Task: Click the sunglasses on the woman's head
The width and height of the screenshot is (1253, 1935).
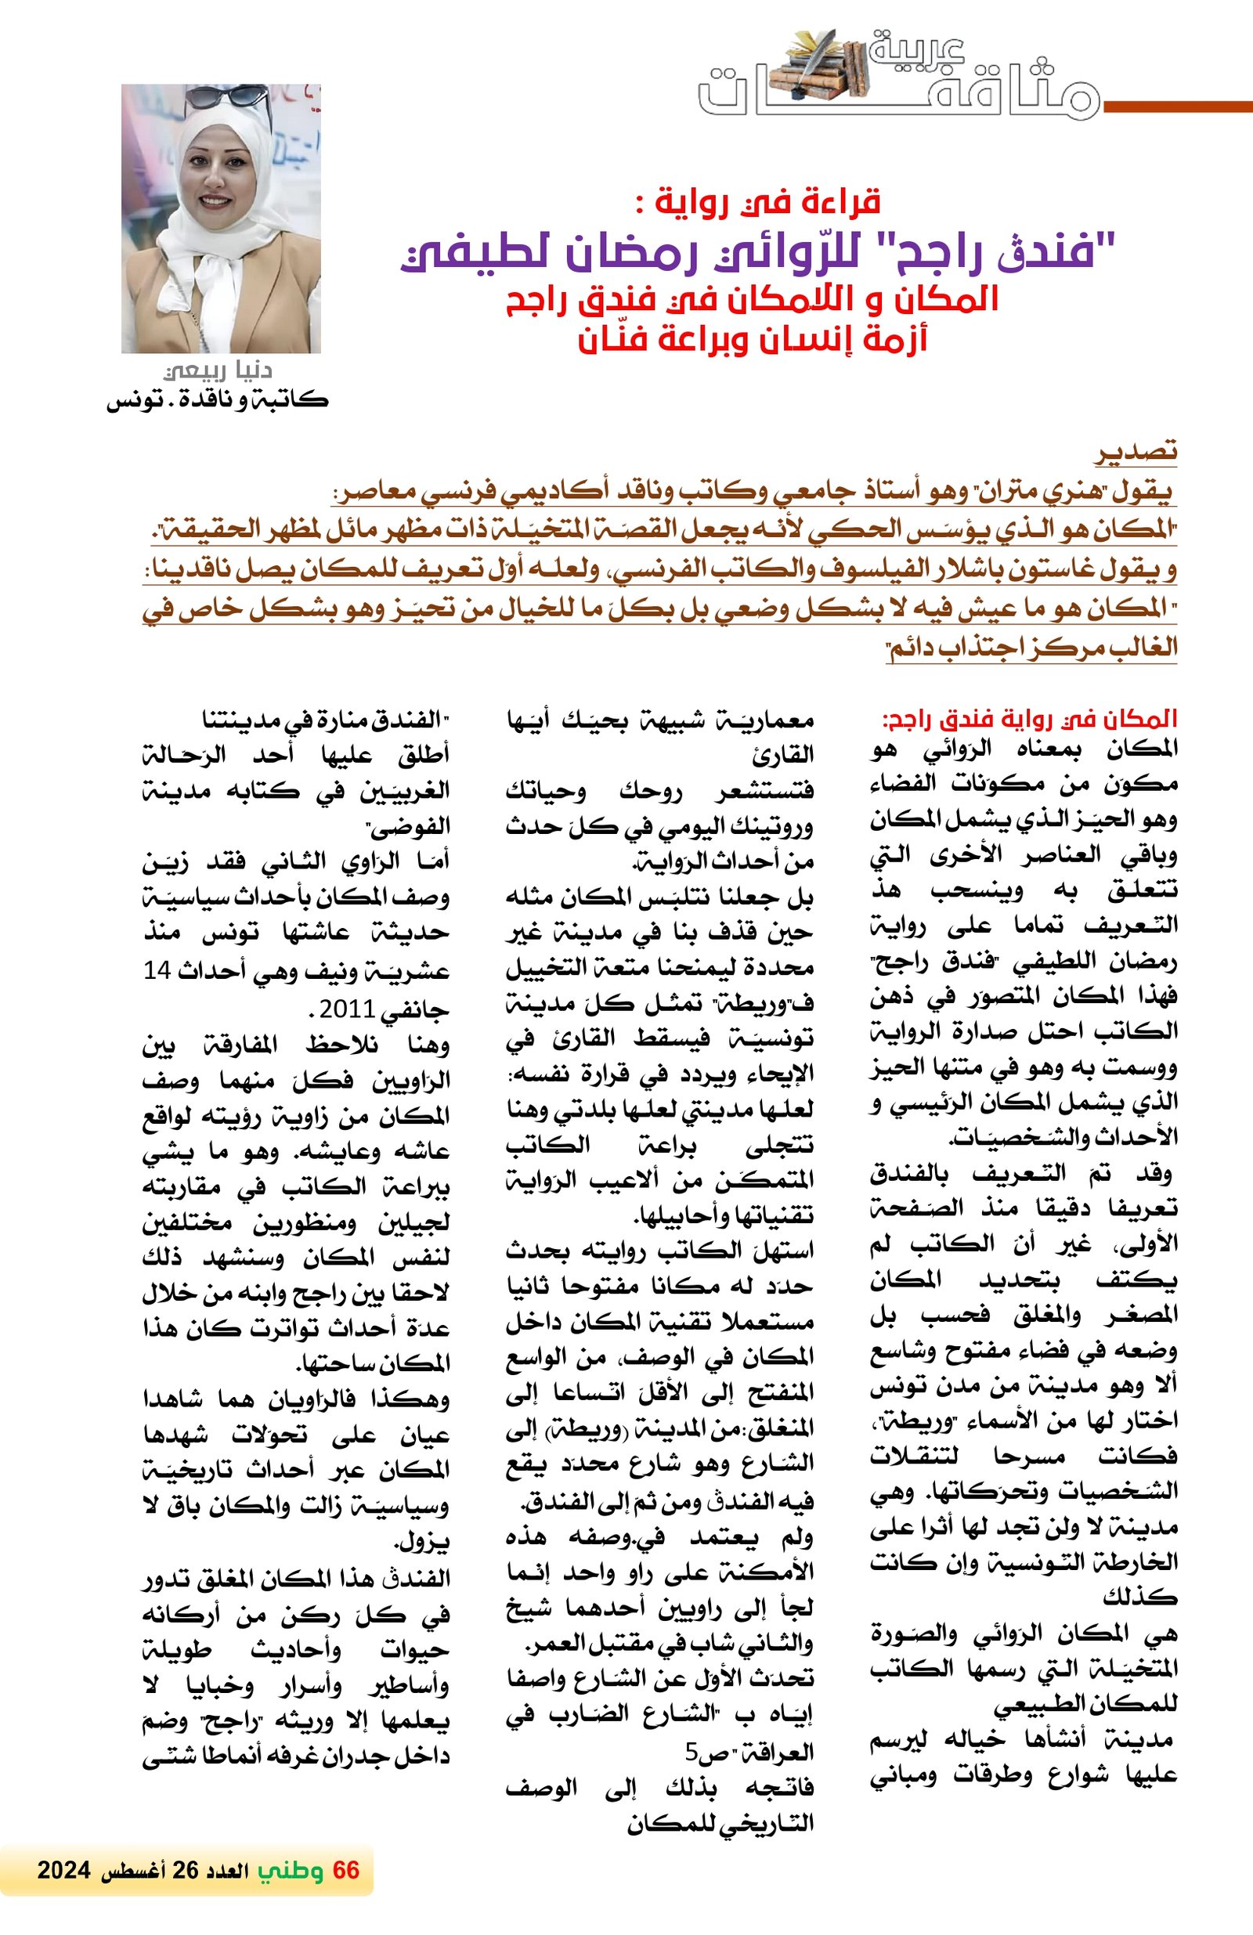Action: (226, 99)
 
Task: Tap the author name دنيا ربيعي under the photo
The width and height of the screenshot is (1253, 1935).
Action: (218, 370)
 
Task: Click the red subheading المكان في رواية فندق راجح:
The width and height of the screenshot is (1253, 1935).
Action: (1029, 720)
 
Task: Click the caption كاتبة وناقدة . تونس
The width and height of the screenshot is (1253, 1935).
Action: (217, 400)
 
